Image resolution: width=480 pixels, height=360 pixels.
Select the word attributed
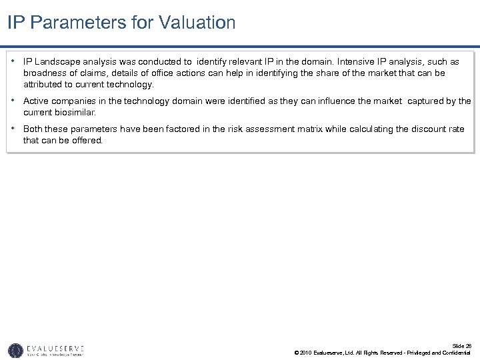click(44, 85)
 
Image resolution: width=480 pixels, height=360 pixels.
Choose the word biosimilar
click(77, 113)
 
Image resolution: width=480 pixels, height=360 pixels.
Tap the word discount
click(414, 129)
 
